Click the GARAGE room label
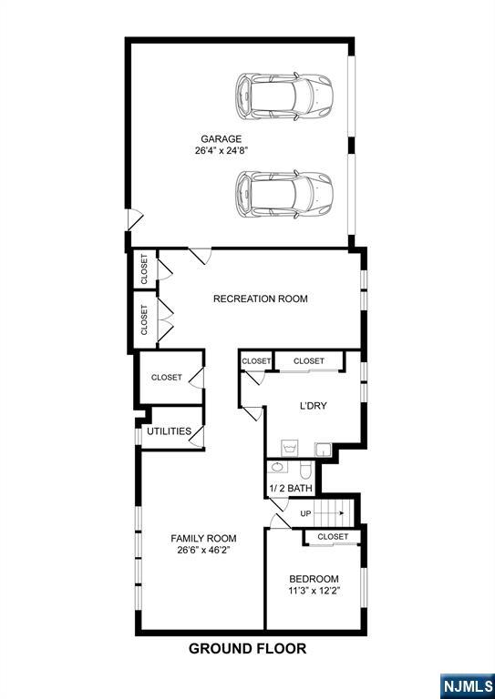click(221, 138)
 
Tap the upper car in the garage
click(284, 96)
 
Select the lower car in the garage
click(284, 194)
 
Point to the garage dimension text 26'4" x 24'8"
click(221, 151)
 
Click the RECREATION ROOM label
click(260, 299)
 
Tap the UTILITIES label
click(170, 431)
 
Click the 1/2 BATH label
click(291, 488)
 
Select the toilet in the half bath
click(305, 471)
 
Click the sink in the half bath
click(278, 468)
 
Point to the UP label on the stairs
click(305, 513)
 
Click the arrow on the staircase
click(329, 513)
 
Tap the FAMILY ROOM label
click(203, 538)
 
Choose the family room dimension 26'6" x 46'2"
click(203, 550)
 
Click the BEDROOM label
click(314, 579)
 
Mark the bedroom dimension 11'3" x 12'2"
click(314, 591)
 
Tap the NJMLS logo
click(468, 686)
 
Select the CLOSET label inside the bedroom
click(333, 537)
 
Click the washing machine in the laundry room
click(289, 448)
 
